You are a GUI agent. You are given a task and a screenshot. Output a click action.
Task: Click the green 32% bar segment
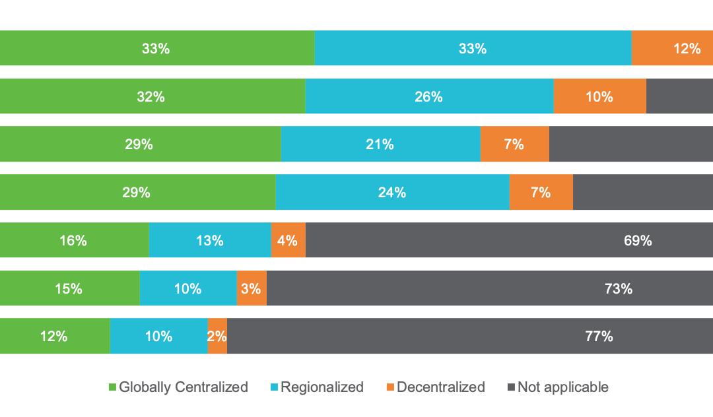coord(153,96)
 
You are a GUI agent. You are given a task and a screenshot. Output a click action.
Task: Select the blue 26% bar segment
coord(429,96)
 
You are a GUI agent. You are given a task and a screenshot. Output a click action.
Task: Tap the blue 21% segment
coord(380,144)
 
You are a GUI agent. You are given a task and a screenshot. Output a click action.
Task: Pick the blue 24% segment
coord(392,192)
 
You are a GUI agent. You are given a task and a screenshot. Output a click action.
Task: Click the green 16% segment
coord(74,240)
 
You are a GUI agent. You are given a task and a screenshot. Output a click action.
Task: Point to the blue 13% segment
coord(210,240)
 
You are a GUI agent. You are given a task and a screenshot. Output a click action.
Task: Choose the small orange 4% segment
coord(289,240)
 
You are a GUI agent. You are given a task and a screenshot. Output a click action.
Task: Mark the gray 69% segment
coord(508,240)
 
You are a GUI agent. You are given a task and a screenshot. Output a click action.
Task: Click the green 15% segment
coord(69,288)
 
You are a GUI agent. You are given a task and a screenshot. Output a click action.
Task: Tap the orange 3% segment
coord(252,288)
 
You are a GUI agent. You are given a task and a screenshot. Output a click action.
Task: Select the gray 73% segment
coord(489,288)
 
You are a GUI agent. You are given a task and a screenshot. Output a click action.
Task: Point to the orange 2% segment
coord(217,336)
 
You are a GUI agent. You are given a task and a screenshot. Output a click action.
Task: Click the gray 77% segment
coord(469,336)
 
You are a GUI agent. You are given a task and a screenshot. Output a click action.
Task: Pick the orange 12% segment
coord(672,48)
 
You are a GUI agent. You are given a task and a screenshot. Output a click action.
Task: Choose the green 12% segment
coord(54,336)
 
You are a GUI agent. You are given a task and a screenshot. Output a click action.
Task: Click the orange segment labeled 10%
coord(599,96)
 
